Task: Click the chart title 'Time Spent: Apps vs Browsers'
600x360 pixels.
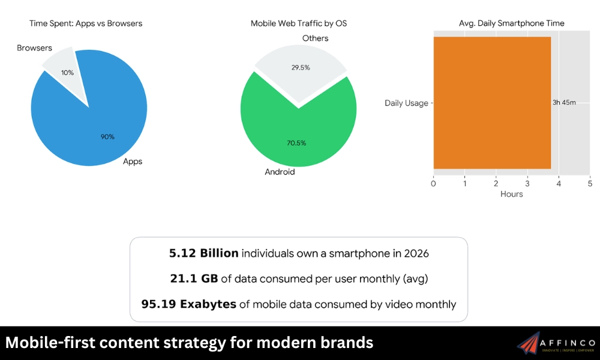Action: (86, 23)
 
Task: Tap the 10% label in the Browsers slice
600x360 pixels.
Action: (68, 73)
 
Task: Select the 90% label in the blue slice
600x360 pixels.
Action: (107, 137)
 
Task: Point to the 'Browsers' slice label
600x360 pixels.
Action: (34, 48)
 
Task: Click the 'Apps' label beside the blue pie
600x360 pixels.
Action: (133, 161)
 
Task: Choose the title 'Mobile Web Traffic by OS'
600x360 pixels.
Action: (298, 23)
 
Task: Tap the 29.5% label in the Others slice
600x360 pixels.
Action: (300, 68)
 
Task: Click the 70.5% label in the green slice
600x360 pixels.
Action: (296, 143)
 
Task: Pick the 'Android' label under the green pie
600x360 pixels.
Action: (280, 172)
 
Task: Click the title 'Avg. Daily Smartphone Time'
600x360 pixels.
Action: (511, 23)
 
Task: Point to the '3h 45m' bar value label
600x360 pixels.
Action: (564, 103)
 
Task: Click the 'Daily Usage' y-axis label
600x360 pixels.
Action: (406, 103)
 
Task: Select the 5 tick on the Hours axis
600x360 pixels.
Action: (590, 183)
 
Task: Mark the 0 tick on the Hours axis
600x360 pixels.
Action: (434, 183)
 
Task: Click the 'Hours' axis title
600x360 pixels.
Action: (511, 194)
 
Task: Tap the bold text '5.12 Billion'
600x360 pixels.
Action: (203, 253)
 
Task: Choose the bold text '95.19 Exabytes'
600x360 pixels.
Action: (188, 304)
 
